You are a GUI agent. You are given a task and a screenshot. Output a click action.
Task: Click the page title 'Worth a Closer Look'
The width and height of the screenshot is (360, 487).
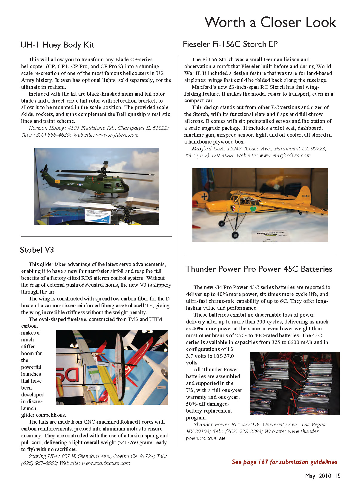pyautogui.click(x=270, y=22)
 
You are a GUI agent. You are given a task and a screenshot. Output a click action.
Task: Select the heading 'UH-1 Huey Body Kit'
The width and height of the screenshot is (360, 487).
pyautogui.click(x=57, y=45)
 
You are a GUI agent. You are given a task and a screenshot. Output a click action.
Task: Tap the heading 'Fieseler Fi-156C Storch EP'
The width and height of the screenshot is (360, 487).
pyautogui.click(x=230, y=44)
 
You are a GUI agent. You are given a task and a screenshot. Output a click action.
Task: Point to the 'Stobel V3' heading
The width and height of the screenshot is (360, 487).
pyautogui.click(x=37, y=250)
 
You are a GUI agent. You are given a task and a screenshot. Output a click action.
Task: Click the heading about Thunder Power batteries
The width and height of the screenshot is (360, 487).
pyautogui.click(x=258, y=269)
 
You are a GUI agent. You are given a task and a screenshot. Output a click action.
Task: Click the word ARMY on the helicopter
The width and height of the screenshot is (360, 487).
pyautogui.click(x=71, y=184)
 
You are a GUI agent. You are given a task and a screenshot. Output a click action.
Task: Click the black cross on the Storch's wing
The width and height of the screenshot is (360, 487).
pyautogui.click(x=204, y=196)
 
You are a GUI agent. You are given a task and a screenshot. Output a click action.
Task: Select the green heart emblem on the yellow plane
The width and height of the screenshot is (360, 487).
pyautogui.click(x=253, y=208)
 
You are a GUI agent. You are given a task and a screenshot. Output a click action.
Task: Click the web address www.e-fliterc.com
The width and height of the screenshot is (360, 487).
pyautogui.click(x=117, y=135)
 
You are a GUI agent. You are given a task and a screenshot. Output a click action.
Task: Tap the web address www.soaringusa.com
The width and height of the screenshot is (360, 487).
pyautogui.click(x=105, y=463)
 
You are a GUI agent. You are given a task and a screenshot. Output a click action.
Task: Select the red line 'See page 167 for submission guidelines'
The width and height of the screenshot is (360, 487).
pyautogui.click(x=284, y=462)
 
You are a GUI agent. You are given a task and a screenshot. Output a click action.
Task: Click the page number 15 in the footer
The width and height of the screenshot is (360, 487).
pyautogui.click(x=337, y=476)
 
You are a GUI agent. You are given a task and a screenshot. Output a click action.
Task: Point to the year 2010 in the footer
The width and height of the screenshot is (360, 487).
pyautogui.click(x=325, y=476)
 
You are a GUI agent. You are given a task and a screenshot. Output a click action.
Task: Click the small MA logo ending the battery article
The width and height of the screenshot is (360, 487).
pyautogui.click(x=222, y=439)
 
